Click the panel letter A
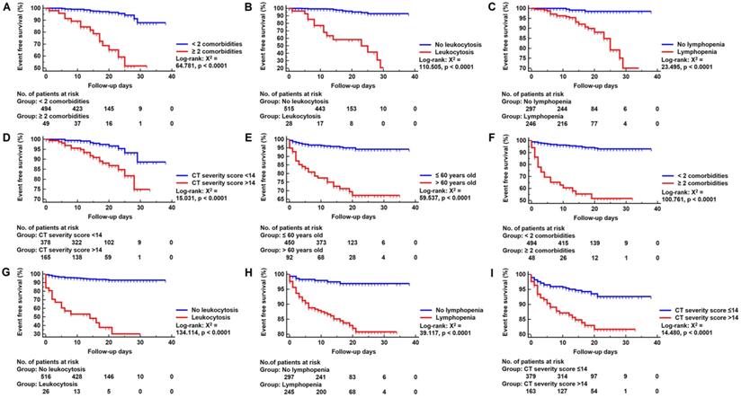click(5, 7)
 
